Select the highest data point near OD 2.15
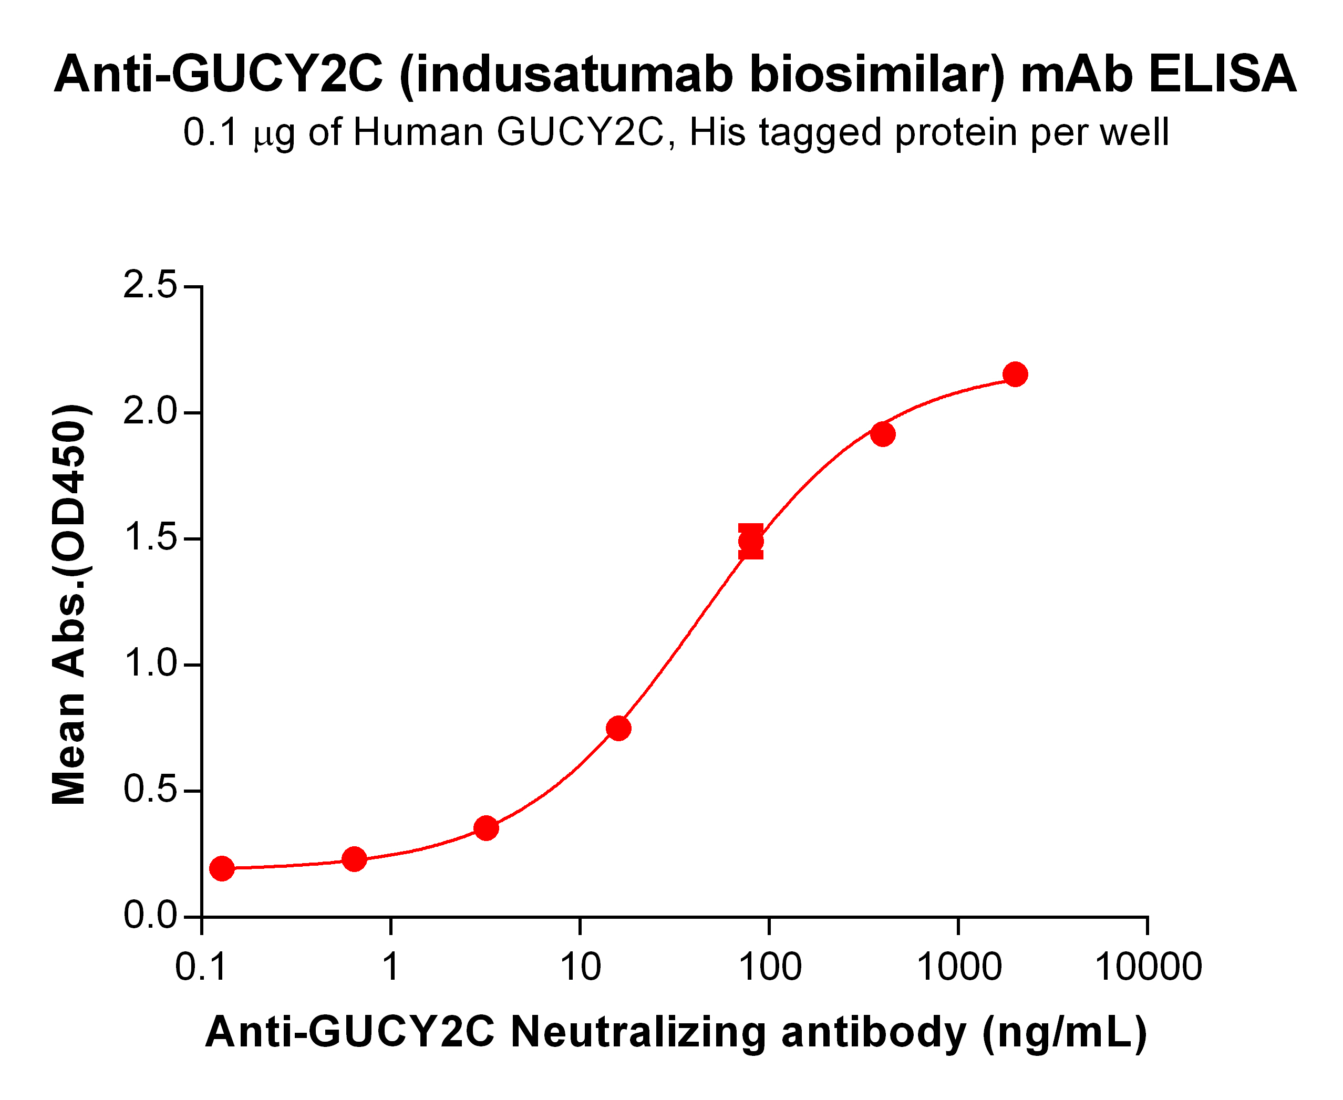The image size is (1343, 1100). [x=1015, y=375]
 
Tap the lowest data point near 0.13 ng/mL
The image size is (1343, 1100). [x=222, y=868]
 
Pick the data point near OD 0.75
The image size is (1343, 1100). [x=618, y=729]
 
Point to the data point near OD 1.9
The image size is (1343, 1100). [x=883, y=434]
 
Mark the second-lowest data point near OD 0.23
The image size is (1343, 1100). [x=354, y=859]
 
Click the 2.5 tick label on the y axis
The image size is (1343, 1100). [x=150, y=285]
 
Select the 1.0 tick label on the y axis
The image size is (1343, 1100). [x=150, y=664]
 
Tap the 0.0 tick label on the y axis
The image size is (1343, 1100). [x=150, y=916]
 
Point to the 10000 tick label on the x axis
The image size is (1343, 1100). [x=1148, y=968]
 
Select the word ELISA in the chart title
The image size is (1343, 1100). [x=1222, y=74]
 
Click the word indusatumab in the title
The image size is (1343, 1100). [x=572, y=74]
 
